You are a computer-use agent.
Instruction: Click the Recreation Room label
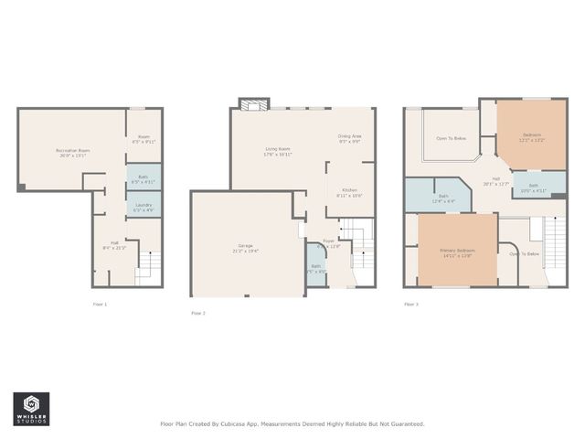[72, 150]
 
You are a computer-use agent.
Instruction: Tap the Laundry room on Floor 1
[144, 208]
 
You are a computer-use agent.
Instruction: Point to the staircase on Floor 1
[148, 265]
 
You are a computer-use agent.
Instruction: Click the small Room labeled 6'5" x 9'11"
[144, 140]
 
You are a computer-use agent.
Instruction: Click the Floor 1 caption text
[100, 304]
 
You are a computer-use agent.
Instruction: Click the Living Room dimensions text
[278, 155]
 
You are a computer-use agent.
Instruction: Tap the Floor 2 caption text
[198, 313]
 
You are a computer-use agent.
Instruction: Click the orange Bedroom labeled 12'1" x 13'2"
[531, 138]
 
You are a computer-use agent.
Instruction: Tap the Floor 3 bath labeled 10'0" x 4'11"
[533, 188]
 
